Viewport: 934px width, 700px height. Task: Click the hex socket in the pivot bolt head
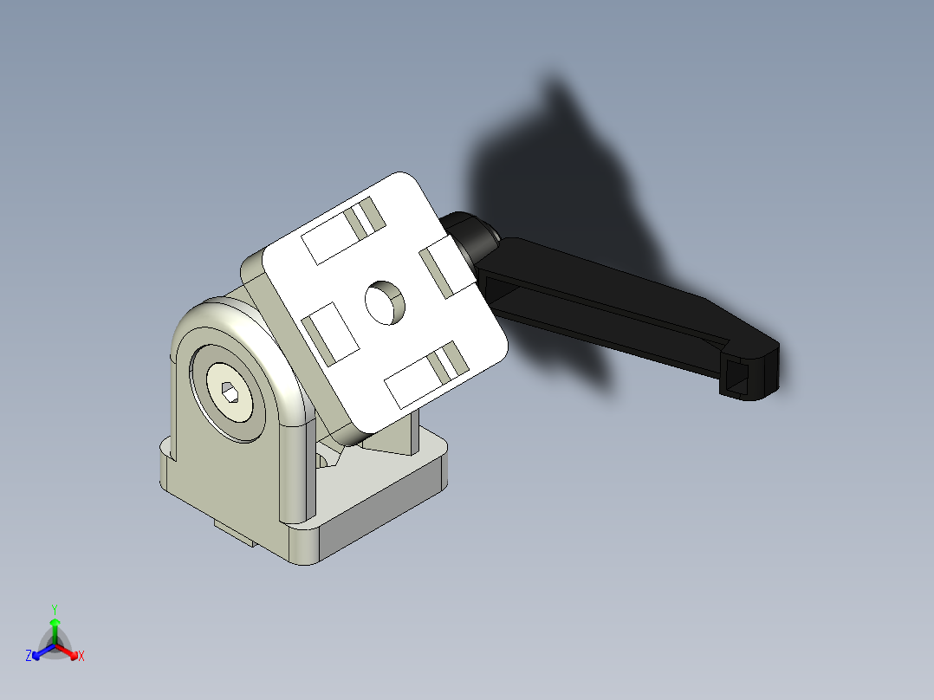pyautogui.click(x=230, y=395)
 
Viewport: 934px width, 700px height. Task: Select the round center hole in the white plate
pyautogui.click(x=386, y=301)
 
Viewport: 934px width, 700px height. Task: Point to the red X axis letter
pyautogui.click(x=81, y=657)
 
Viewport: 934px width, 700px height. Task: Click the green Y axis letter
pyautogui.click(x=54, y=608)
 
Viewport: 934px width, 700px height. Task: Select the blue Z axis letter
pyautogui.click(x=29, y=657)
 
